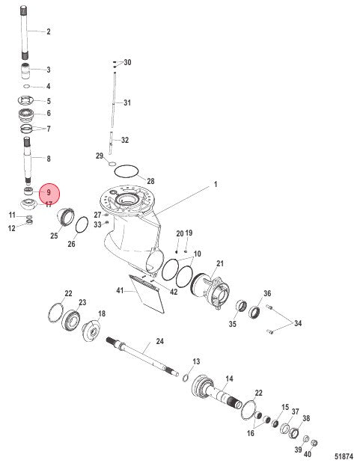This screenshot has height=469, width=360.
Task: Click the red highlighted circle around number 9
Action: click(49, 194)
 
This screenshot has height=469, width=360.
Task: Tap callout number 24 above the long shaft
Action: click(159, 343)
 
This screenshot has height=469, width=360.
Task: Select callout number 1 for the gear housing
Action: click(195, 184)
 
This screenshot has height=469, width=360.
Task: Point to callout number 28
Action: click(150, 182)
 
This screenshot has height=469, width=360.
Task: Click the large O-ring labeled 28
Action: click(128, 171)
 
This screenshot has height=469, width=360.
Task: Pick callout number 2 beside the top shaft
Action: click(49, 32)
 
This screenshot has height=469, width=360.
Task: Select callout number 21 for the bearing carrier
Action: click(220, 263)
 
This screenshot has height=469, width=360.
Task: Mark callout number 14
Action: click(229, 378)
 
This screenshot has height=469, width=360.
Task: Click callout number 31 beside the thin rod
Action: click(126, 102)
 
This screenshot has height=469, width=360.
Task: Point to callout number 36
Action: click(267, 293)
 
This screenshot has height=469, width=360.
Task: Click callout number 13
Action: click(196, 361)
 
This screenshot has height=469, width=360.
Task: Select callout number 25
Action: click(54, 236)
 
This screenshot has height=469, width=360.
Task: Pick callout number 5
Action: click(49, 101)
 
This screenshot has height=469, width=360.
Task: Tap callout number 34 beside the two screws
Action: click(299, 324)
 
